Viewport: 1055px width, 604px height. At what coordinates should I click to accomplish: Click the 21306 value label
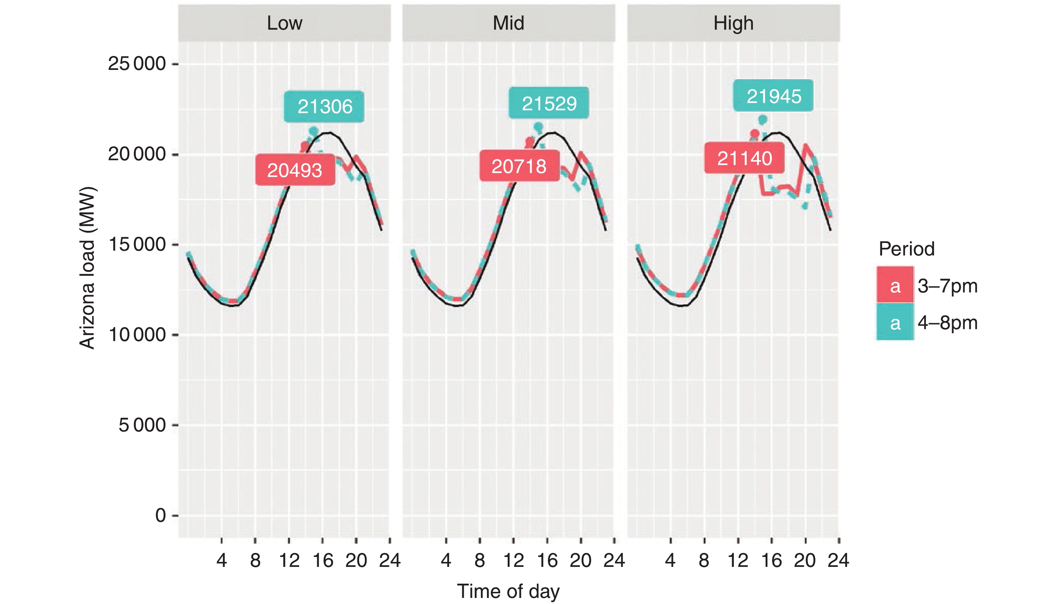click(324, 107)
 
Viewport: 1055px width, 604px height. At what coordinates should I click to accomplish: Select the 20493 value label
click(295, 170)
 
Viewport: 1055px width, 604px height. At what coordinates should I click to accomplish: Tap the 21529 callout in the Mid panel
click(549, 103)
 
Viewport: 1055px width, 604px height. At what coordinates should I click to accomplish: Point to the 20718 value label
click(519, 166)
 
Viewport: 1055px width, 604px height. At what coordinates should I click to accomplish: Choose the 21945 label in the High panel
click(773, 96)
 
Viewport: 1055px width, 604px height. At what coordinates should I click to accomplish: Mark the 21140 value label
click(744, 158)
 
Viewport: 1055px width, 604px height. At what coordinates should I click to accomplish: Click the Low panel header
click(284, 23)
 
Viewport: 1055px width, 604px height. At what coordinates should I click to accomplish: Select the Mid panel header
click(508, 23)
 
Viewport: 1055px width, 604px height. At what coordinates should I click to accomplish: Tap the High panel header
click(733, 23)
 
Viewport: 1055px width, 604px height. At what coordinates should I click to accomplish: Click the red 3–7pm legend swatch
click(895, 285)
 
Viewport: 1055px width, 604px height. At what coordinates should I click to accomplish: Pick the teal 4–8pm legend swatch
click(895, 322)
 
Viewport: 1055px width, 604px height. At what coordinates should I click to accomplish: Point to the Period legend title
click(906, 249)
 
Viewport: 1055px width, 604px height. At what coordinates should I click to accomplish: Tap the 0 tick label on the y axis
click(160, 515)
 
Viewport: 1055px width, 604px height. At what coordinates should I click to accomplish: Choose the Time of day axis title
click(508, 591)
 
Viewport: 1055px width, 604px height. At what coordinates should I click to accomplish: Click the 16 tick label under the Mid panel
click(547, 560)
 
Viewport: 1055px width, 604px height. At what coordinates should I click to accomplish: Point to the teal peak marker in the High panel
click(763, 120)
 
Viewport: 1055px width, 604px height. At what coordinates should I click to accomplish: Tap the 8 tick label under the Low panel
click(255, 560)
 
